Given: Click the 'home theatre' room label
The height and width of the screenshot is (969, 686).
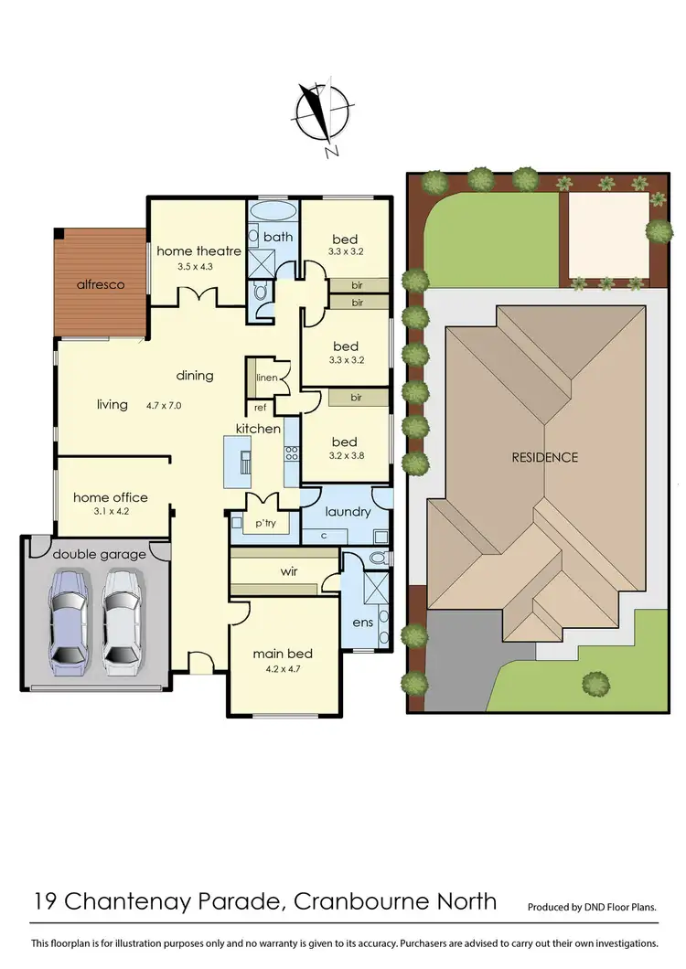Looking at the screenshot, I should (198, 251).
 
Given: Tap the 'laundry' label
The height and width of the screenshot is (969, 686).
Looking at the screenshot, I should (348, 511).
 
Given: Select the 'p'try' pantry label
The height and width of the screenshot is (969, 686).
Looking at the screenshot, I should (265, 523).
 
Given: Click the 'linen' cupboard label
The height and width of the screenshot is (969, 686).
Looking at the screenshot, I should (267, 378).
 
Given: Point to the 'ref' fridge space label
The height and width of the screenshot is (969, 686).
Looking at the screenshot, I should (260, 408).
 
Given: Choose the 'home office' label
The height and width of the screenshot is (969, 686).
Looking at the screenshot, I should (110, 497).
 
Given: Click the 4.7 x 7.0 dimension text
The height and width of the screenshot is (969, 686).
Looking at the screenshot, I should (164, 404).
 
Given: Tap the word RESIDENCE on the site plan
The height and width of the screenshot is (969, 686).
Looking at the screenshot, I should (544, 457).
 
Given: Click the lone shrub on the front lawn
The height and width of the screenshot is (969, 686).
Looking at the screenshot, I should (596, 682).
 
